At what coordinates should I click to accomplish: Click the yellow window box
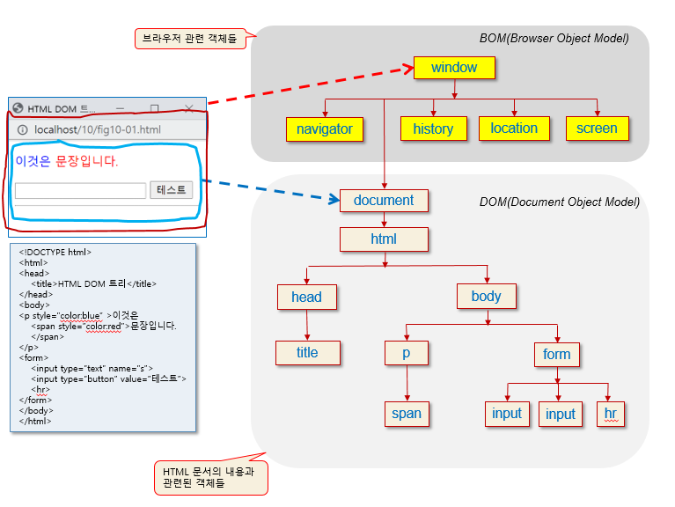click(x=454, y=68)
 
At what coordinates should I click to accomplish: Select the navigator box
click(x=325, y=129)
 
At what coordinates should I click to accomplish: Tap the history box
click(x=434, y=129)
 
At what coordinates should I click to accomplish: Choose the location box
click(x=514, y=129)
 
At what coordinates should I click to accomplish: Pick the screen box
click(x=597, y=129)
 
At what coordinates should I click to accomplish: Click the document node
click(x=384, y=201)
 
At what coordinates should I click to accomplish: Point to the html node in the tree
click(x=384, y=239)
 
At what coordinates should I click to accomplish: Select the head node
click(x=307, y=297)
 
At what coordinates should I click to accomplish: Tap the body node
click(x=487, y=296)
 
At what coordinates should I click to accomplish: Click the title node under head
click(x=308, y=353)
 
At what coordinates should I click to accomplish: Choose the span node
click(x=407, y=414)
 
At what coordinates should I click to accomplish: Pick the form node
click(x=557, y=355)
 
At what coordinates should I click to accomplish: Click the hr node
click(x=611, y=414)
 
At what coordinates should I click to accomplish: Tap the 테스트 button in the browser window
click(x=171, y=190)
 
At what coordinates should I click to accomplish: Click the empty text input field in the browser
click(x=80, y=191)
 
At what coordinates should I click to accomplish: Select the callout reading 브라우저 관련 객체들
click(x=190, y=39)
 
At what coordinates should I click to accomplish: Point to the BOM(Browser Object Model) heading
click(x=554, y=39)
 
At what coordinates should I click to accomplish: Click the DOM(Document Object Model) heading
click(x=560, y=202)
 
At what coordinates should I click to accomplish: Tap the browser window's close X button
click(x=188, y=108)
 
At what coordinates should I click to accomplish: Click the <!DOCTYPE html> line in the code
click(x=55, y=253)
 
